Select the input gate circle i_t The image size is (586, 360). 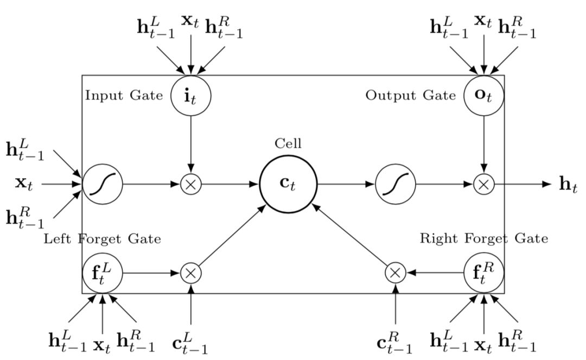(x=190, y=96)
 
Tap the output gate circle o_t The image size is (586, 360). (x=484, y=96)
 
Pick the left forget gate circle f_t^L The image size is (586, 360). (x=103, y=273)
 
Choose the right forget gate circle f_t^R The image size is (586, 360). (x=484, y=273)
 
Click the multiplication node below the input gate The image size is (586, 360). (x=190, y=184)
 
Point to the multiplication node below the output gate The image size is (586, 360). (x=484, y=184)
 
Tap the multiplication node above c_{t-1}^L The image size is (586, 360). (x=190, y=273)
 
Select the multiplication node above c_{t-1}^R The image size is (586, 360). (x=395, y=273)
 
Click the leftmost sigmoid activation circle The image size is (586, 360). (x=103, y=184)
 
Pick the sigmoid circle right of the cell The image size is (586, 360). (x=396, y=184)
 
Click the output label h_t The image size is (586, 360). (x=568, y=185)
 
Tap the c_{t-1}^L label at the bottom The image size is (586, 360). (x=190, y=343)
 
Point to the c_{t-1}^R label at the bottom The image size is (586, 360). (x=394, y=343)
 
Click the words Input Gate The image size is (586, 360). (x=124, y=96)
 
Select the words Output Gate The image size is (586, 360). (x=410, y=96)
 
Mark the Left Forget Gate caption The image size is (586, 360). (x=102, y=238)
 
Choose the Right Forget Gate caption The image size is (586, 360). (x=484, y=238)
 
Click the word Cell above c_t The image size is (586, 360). (x=288, y=144)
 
